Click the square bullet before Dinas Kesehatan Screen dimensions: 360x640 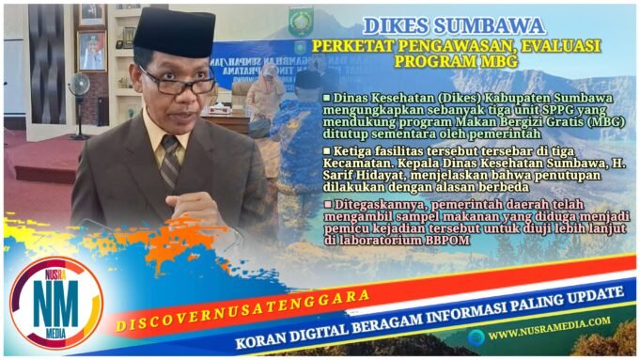click(326, 98)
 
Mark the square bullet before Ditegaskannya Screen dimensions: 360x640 click(326, 202)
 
